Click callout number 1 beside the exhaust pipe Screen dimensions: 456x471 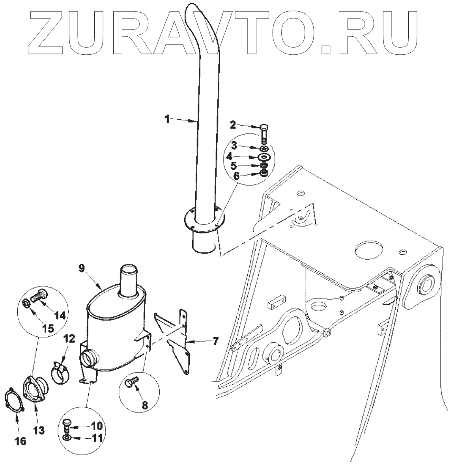pos(167,119)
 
